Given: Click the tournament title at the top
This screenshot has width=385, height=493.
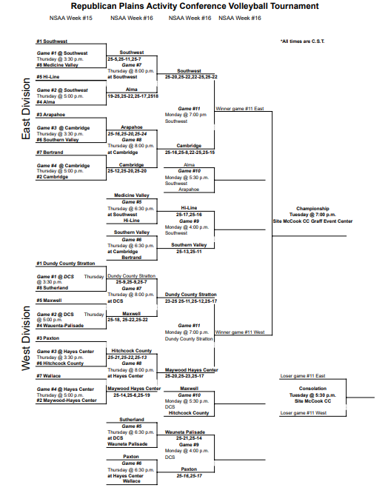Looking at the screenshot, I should [x=195, y=6].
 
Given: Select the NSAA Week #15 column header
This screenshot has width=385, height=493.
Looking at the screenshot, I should [x=71, y=17].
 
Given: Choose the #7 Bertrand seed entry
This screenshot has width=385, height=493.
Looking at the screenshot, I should [x=53, y=152].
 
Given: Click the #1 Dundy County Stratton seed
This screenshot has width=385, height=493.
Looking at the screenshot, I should [x=67, y=263].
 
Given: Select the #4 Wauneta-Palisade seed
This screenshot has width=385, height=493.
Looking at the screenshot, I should [x=63, y=326].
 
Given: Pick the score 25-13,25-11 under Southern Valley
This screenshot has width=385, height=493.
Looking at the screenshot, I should [x=189, y=251].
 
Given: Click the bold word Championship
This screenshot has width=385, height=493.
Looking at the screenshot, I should [x=312, y=209].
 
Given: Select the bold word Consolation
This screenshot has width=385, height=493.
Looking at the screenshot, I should [x=312, y=389].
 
